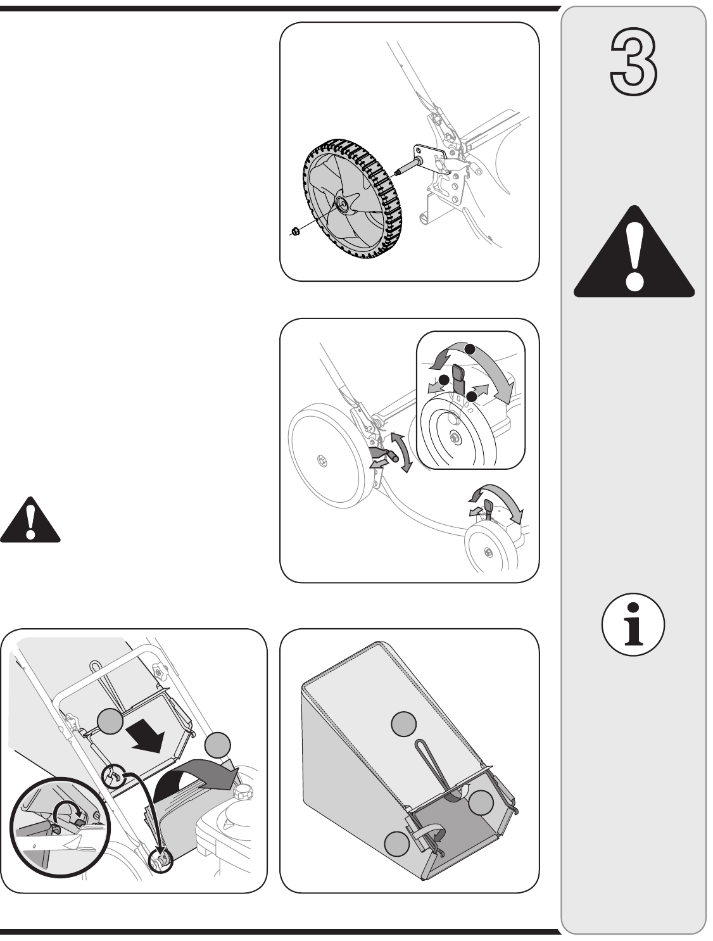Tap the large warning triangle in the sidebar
point(634,253)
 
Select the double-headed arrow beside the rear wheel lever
point(401,451)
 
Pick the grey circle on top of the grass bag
point(404,723)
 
